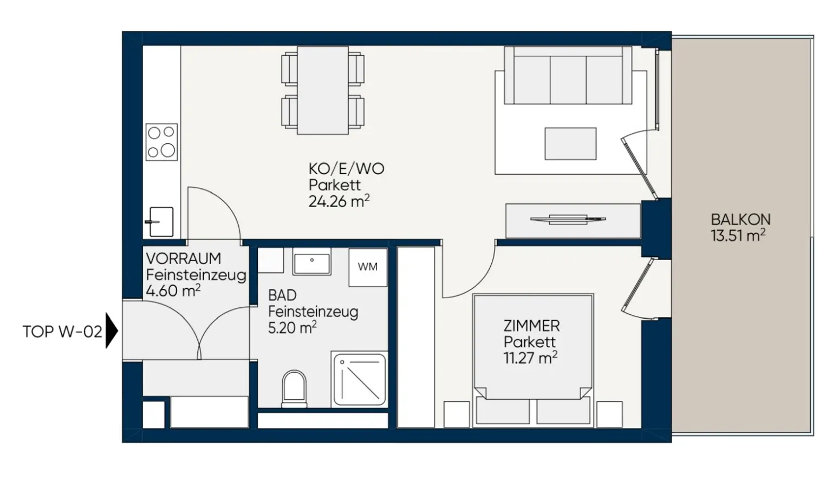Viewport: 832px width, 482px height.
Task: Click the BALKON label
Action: [x=740, y=219]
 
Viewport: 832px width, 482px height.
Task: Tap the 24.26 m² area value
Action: [x=339, y=201]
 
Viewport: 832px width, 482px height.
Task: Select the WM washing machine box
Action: [x=368, y=267]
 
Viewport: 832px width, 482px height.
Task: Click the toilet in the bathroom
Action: [x=294, y=388]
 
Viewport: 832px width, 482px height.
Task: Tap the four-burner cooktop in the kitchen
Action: [x=161, y=142]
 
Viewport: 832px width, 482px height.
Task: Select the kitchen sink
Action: [x=160, y=222]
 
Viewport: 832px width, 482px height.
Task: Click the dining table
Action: [x=323, y=90]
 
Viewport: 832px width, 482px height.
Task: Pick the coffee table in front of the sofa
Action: [x=570, y=143]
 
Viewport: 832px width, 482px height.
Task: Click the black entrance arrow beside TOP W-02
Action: [x=112, y=331]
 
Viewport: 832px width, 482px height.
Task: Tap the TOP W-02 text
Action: [x=62, y=332]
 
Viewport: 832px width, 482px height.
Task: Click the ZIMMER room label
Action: [x=531, y=326]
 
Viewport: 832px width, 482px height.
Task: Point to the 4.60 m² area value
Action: [x=173, y=291]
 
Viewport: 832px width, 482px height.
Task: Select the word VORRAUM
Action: [x=184, y=258]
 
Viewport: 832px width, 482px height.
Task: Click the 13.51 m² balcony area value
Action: [x=738, y=235]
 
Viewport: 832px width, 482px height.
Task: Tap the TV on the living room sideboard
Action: [x=568, y=219]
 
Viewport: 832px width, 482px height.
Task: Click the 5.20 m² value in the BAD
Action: [x=292, y=328]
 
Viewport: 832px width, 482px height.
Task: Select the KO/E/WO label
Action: [x=346, y=169]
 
